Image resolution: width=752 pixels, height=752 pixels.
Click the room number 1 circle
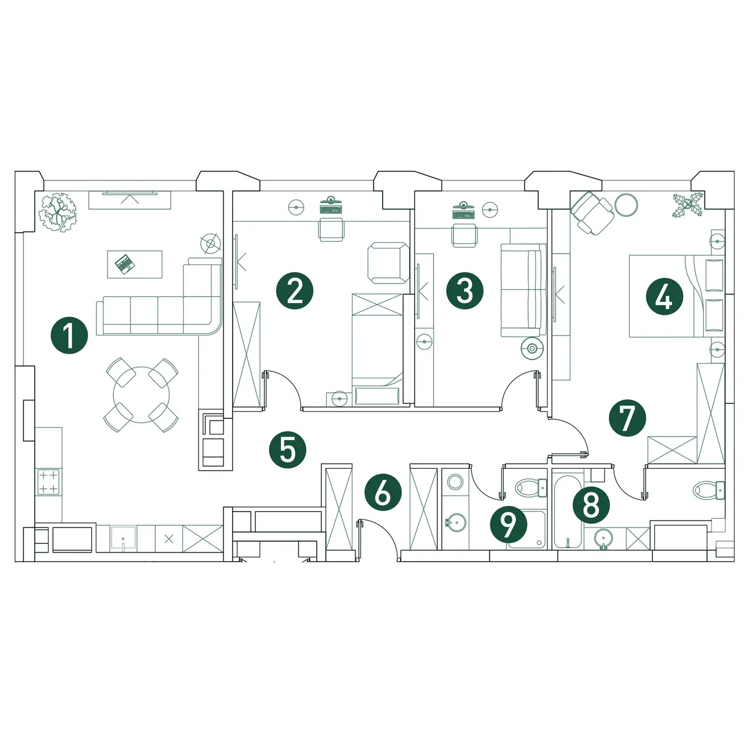pyautogui.click(x=69, y=335)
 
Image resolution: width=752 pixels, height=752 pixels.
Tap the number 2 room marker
pyautogui.click(x=295, y=291)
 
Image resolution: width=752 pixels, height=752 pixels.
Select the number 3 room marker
pyautogui.click(x=465, y=291)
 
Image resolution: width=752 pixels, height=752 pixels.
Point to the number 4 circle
pyautogui.click(x=664, y=297)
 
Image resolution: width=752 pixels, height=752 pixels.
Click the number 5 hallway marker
pyautogui.click(x=288, y=450)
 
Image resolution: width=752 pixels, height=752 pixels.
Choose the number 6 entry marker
pyautogui.click(x=383, y=492)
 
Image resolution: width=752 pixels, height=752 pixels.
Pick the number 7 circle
pyautogui.click(x=627, y=418)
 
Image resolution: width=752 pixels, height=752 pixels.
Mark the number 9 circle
pyautogui.click(x=509, y=524)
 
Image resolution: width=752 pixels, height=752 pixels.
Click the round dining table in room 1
pyautogui.click(x=141, y=395)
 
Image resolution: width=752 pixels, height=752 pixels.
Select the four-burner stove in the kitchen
pyautogui.click(x=48, y=482)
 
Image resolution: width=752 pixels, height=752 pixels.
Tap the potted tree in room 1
pyautogui.click(x=58, y=213)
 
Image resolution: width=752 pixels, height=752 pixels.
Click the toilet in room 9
pyautogui.click(x=531, y=488)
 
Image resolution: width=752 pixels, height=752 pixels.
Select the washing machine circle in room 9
pyautogui.click(x=455, y=482)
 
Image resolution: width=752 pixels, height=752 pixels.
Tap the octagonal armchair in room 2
pyautogui.click(x=388, y=263)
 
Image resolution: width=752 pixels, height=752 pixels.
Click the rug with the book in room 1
pyautogui.click(x=135, y=264)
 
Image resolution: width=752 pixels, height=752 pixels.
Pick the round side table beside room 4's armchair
pyautogui.click(x=626, y=204)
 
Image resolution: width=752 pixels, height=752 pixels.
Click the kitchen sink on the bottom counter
pyautogui.click(x=123, y=539)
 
